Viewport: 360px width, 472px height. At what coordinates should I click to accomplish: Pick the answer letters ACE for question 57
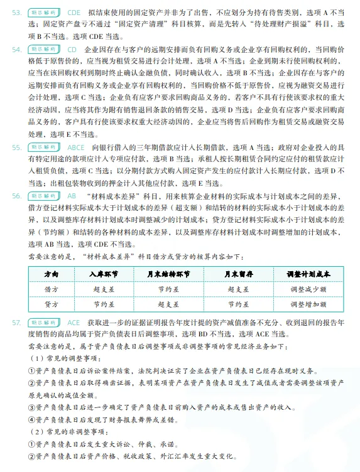pyautogui.click(x=74, y=322)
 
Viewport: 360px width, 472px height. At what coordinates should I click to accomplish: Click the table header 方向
pyautogui.click(x=52, y=274)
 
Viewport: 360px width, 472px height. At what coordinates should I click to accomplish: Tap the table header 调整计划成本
pyautogui.click(x=308, y=274)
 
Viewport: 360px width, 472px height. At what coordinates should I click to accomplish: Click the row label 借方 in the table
pyautogui.click(x=52, y=289)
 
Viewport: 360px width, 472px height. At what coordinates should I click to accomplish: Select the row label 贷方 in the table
pyautogui.click(x=52, y=303)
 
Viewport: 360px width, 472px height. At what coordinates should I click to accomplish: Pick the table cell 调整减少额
pyautogui.click(x=308, y=289)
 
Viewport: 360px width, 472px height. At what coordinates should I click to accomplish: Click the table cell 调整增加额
pyautogui.click(x=308, y=303)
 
